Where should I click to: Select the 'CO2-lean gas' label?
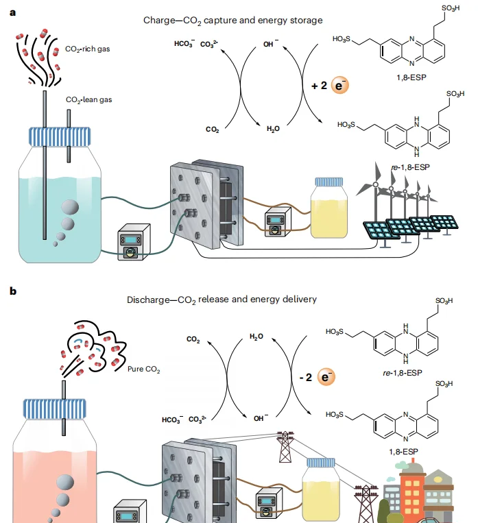point(88,99)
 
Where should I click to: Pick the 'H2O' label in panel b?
point(256,337)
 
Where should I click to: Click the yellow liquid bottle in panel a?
point(332,212)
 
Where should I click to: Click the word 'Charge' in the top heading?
point(160,21)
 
